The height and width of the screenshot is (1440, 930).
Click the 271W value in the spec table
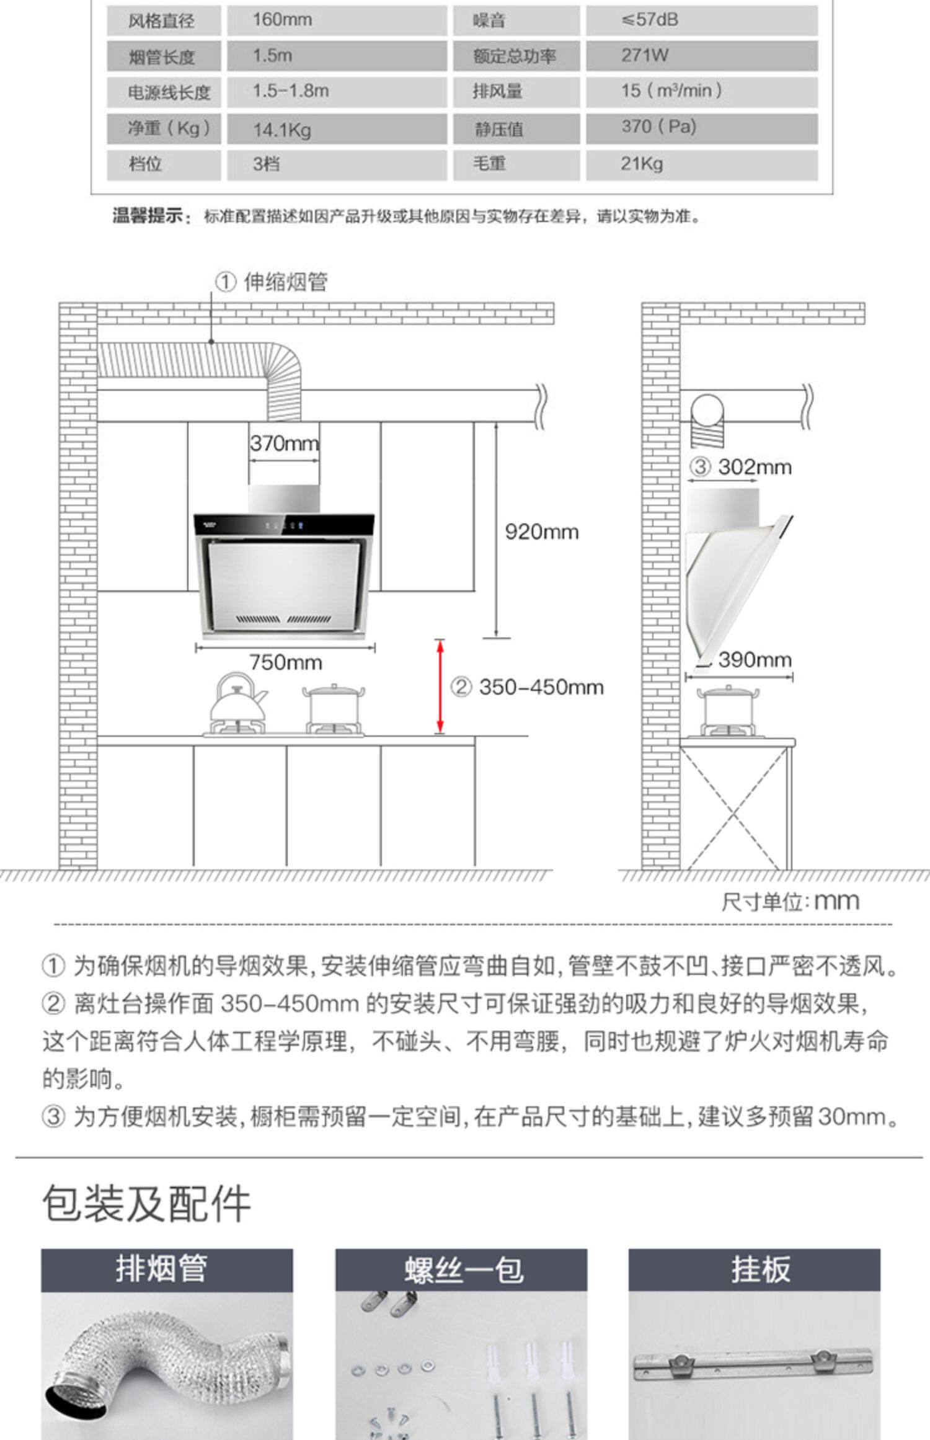click(645, 56)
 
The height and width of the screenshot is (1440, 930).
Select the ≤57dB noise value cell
click(650, 20)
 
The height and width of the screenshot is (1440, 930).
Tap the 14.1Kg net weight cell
click(281, 130)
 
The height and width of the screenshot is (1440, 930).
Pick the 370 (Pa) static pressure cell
click(658, 127)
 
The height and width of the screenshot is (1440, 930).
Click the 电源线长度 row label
click(169, 92)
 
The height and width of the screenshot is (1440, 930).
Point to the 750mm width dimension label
click(285, 662)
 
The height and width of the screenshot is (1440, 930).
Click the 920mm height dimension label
click(541, 532)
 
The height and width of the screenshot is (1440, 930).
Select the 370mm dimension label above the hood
click(284, 443)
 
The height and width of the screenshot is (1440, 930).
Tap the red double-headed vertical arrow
click(440, 686)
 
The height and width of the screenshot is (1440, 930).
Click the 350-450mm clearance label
click(541, 687)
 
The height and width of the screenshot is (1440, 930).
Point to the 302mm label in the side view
click(754, 467)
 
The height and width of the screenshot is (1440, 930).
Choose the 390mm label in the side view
click(755, 660)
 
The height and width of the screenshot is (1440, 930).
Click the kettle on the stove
click(236, 701)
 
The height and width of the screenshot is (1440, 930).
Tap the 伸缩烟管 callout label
click(285, 282)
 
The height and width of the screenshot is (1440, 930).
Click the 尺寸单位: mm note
click(790, 901)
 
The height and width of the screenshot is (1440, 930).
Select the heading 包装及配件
click(146, 1204)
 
